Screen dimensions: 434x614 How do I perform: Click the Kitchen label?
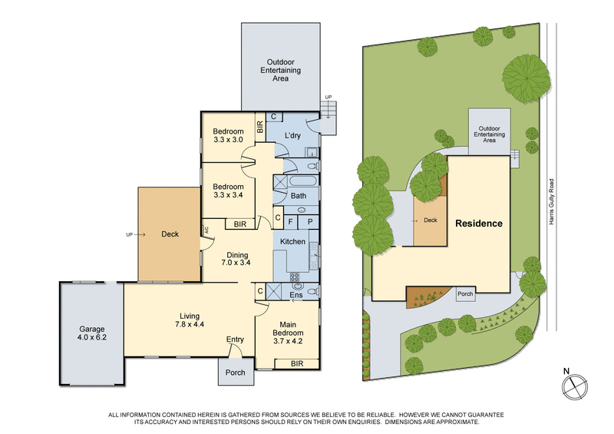(x=292, y=242)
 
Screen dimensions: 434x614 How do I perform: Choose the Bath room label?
(x=300, y=197)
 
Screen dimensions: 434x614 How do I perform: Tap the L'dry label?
(x=292, y=136)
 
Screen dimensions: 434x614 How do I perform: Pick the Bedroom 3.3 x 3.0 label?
(x=227, y=135)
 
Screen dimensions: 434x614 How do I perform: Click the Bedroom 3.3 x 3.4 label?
(x=228, y=190)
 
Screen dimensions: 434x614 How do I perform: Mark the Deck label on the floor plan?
(x=170, y=234)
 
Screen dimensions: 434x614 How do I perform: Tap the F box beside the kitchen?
(x=292, y=221)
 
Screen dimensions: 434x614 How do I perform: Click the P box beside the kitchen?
(x=309, y=221)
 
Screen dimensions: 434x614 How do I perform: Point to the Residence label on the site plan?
(x=479, y=224)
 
